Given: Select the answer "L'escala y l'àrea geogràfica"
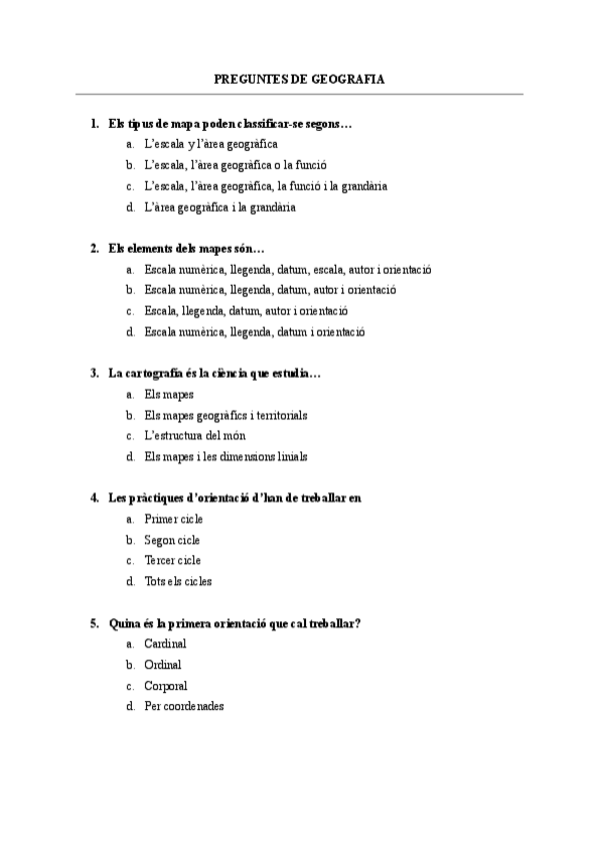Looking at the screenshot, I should coord(211,144).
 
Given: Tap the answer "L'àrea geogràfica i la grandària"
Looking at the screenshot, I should coord(220,207).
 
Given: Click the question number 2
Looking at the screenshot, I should coord(94,248).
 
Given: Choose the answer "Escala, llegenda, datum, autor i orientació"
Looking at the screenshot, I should coord(246,311).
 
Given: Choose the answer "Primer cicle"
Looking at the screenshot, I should coord(173,519).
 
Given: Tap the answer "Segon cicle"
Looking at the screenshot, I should coord(172,539).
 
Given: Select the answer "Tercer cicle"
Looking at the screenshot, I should coord(172,560).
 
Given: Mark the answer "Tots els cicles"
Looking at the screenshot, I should coord(178,581).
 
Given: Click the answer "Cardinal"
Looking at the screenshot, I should coord(165,644).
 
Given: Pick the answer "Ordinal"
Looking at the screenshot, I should coord(163,664).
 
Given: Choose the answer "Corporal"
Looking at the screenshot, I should coord(166,685).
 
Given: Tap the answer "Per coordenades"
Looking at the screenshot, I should coord(184,706).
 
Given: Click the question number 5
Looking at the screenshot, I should coord(94,622).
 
